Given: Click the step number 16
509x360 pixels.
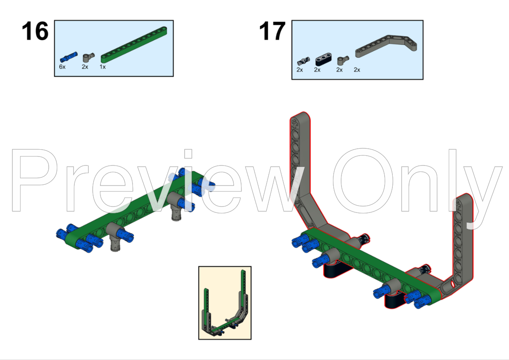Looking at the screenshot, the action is tap(35, 32).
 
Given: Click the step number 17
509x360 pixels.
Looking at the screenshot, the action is tap(272, 32).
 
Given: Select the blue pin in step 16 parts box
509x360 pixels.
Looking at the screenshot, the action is tap(69, 56).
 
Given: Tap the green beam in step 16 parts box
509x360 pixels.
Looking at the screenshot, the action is tap(134, 44).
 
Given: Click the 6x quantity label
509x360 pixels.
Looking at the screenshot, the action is tap(62, 67).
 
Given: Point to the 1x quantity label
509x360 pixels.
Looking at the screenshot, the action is tap(103, 67).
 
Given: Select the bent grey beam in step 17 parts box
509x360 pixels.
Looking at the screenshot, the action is tap(386, 47).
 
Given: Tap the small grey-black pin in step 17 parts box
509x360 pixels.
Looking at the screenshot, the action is tap(303, 61).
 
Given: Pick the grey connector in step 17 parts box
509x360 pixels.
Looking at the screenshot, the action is tap(342, 60).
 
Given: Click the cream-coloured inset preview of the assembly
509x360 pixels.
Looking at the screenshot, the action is tap(225, 303).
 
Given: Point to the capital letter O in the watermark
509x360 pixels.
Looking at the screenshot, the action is tap(363, 180).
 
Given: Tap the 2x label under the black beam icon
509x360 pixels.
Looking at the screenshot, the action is tap(317, 70).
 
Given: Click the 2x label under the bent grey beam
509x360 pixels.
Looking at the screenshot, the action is tap(357, 70).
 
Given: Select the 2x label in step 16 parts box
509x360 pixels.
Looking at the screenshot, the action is tap(85, 67).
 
